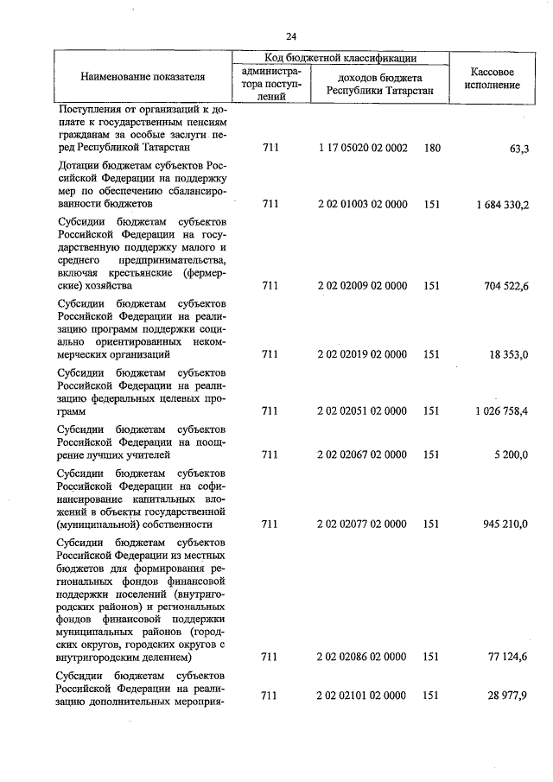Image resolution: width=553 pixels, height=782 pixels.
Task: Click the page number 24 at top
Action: [x=291, y=36]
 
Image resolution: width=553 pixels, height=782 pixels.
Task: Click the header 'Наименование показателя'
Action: [x=143, y=77]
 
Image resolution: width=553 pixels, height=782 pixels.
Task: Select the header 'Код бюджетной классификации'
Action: [x=340, y=58]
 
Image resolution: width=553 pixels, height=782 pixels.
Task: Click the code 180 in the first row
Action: [x=432, y=149]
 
